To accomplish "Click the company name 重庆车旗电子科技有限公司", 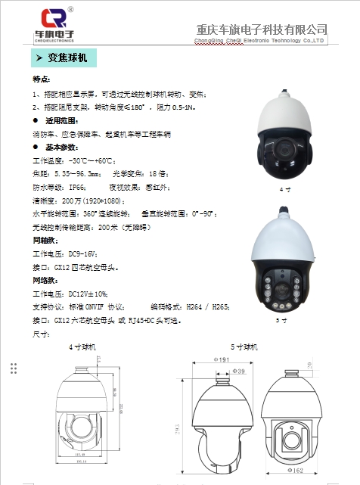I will [262, 30].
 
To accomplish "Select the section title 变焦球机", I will [67, 58].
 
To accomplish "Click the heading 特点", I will [42, 80].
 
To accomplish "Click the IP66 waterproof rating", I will [77, 186].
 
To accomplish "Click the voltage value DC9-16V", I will [82, 253].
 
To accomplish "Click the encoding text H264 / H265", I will [209, 306].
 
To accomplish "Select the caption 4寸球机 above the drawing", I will [82, 347].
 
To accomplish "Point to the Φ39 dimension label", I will [240, 372].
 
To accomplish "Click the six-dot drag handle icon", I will [13, 368].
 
